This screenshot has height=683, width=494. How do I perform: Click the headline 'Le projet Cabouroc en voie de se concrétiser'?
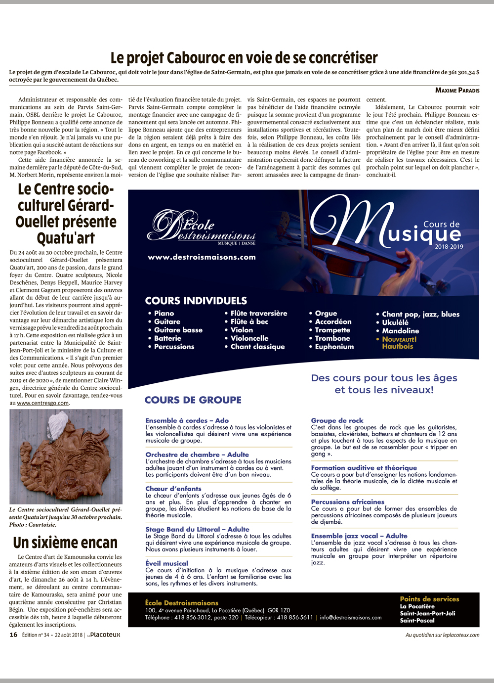point(244,58)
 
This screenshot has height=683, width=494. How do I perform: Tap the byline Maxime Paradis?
point(457,90)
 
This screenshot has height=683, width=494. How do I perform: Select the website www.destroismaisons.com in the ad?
point(202,257)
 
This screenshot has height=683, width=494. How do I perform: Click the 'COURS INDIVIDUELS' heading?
point(196,301)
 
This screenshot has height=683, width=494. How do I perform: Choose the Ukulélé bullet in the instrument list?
point(395,322)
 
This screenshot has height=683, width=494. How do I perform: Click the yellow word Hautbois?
point(397,346)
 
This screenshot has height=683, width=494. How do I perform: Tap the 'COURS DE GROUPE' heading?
point(193,400)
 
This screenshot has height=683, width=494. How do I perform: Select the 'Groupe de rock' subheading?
point(337,420)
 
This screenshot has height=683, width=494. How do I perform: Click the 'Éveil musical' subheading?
point(166,563)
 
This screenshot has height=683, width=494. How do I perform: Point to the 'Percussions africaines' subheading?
point(347,501)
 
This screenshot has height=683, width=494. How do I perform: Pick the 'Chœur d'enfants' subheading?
point(173,489)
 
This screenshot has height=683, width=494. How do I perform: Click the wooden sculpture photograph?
point(66,456)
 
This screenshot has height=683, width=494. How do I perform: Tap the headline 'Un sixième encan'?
point(65,543)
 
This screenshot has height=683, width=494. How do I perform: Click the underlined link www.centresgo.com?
point(43,403)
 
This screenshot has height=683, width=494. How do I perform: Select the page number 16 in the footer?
point(13,635)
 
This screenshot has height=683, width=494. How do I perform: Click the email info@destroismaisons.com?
point(350,617)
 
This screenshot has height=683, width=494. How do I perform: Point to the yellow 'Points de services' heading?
point(429,599)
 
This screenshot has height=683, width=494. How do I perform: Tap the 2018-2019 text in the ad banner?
point(449,246)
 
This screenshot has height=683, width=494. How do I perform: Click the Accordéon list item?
point(333,321)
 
